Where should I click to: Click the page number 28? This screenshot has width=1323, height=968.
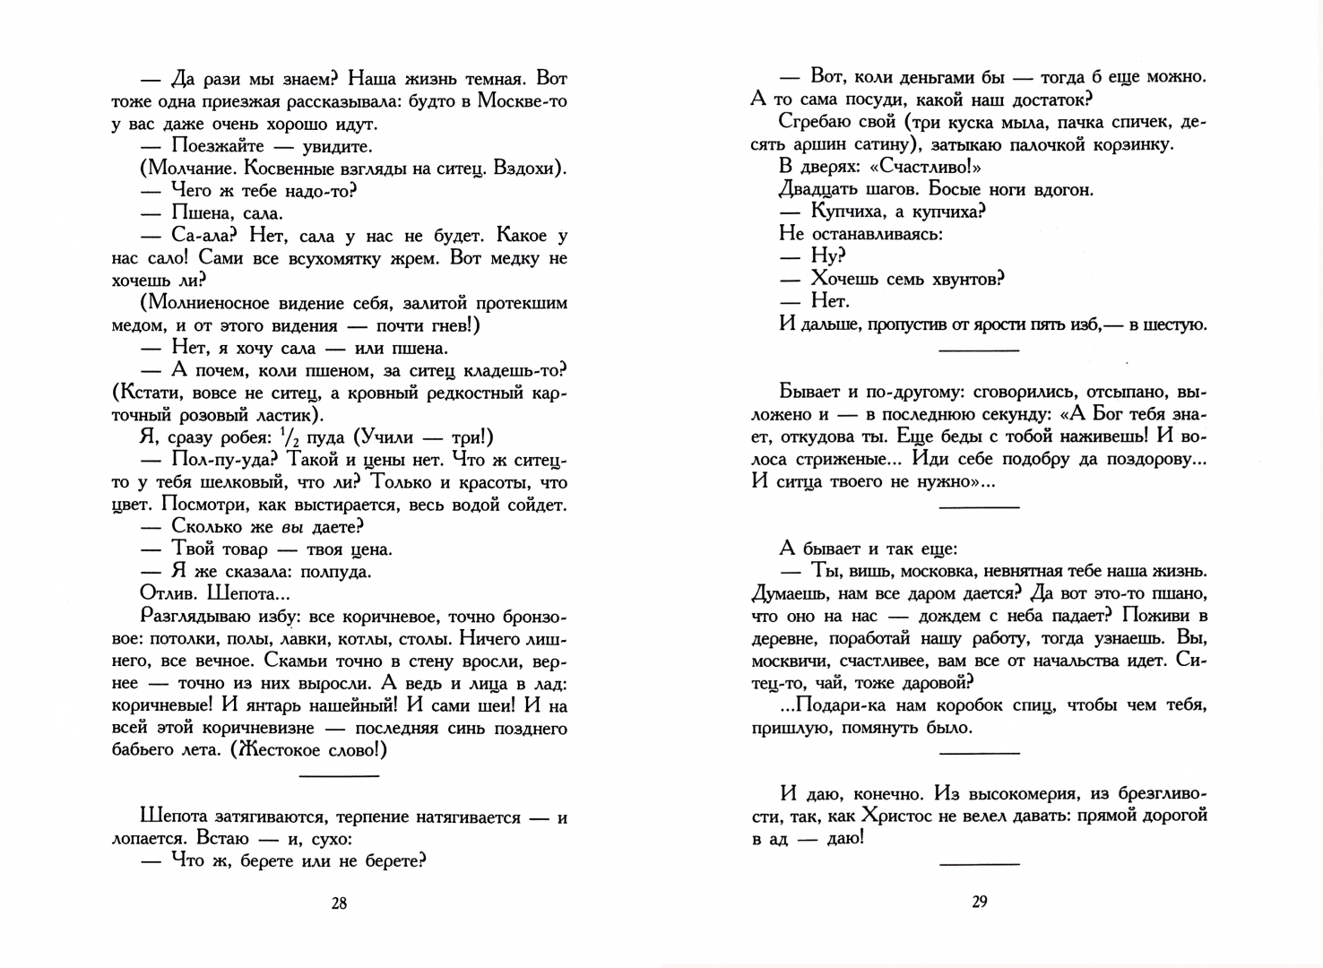pos(339,903)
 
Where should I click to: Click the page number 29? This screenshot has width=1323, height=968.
pos(979,902)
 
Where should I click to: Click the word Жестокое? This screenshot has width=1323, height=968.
pos(274,750)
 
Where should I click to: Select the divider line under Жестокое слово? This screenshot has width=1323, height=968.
pos(339,775)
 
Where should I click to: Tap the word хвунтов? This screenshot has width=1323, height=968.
pos(959,279)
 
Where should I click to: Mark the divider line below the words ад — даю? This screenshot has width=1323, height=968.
pos(979,864)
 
